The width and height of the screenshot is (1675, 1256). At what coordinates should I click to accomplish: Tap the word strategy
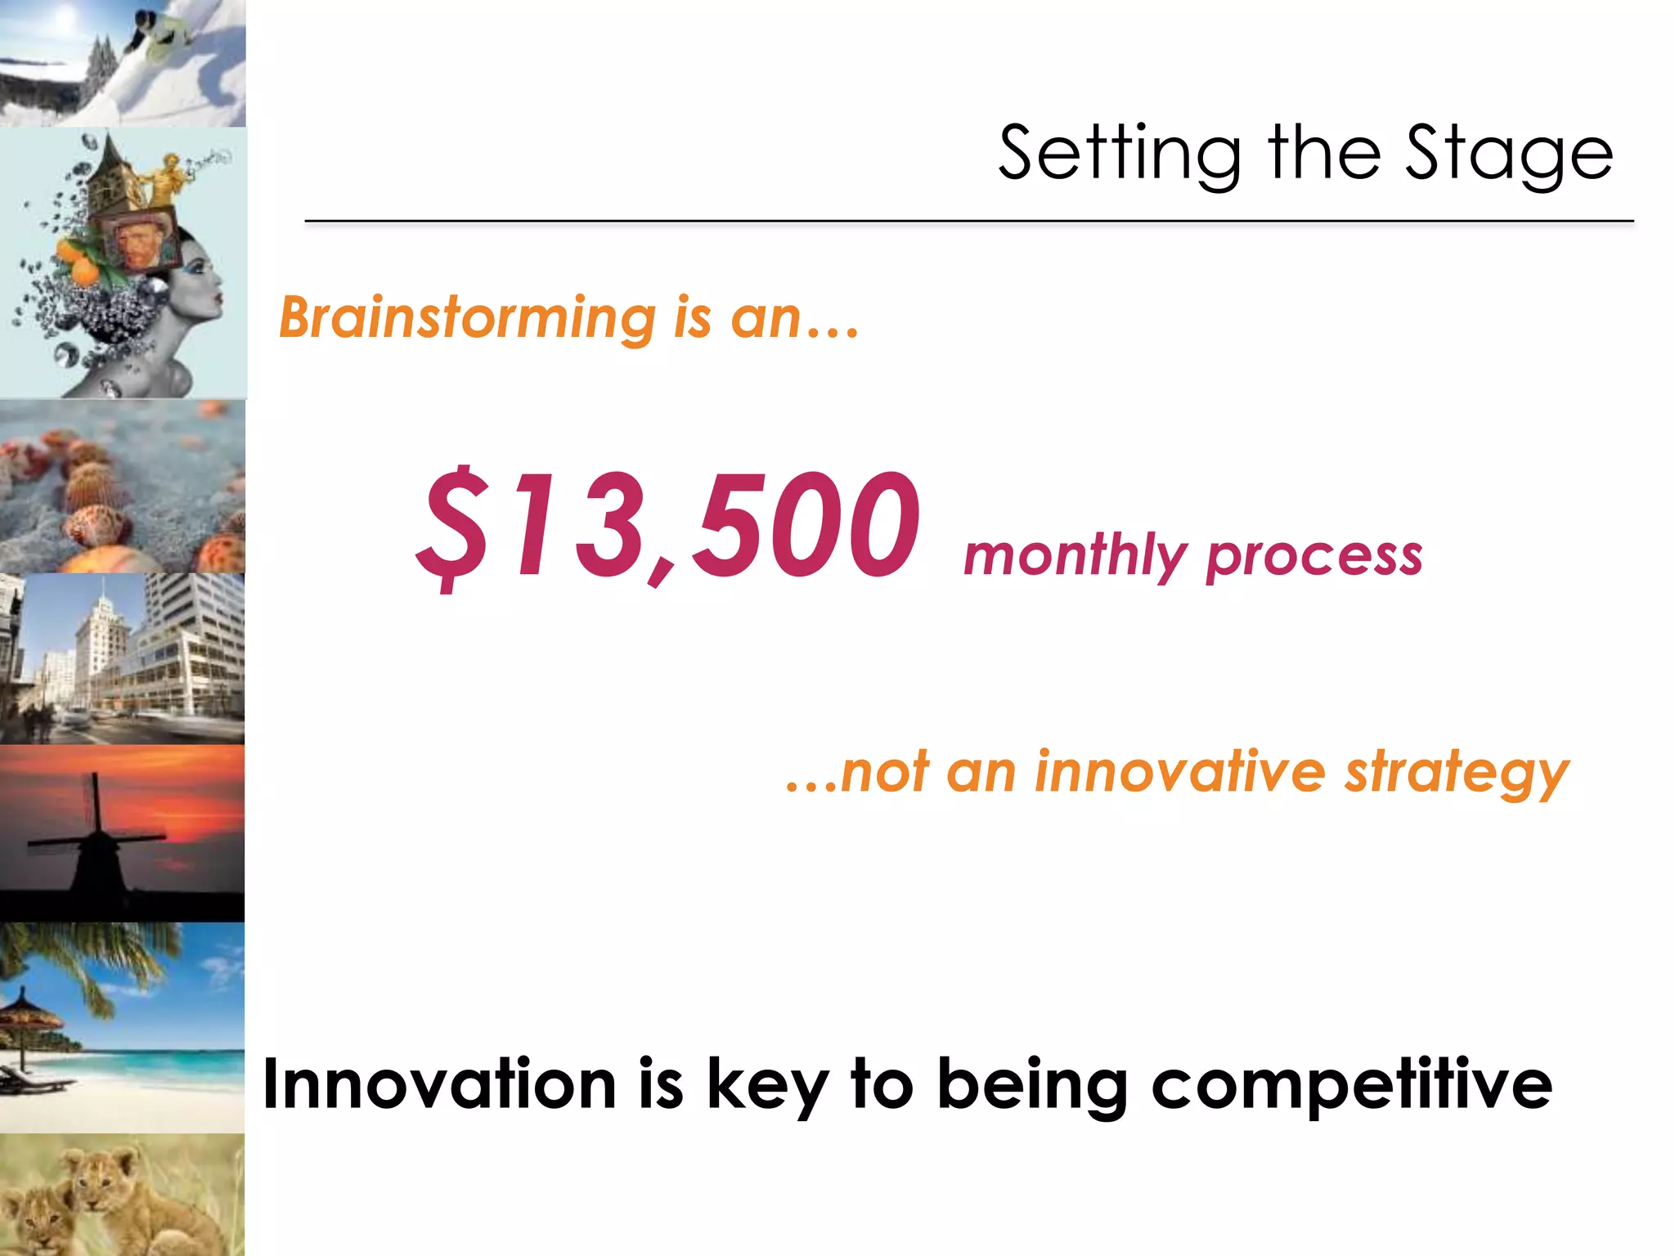tap(1457, 774)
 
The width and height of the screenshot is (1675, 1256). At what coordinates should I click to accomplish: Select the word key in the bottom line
tap(766, 1086)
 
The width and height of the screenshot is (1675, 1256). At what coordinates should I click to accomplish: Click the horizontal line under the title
tap(968, 221)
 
